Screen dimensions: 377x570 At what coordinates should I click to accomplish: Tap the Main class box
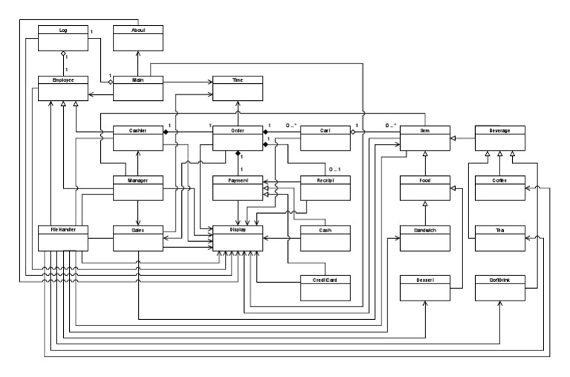coord(137,87)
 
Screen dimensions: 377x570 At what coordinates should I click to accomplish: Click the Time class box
coord(238,87)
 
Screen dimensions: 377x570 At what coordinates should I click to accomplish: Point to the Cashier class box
coord(137,137)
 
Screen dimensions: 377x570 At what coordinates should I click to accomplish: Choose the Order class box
coord(238,137)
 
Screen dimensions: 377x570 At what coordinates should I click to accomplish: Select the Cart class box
coord(325,137)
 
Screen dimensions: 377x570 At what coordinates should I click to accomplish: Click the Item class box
coord(425,137)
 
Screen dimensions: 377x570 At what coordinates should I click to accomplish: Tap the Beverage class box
coord(501,137)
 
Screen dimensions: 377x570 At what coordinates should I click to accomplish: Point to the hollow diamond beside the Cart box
coord(354,132)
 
